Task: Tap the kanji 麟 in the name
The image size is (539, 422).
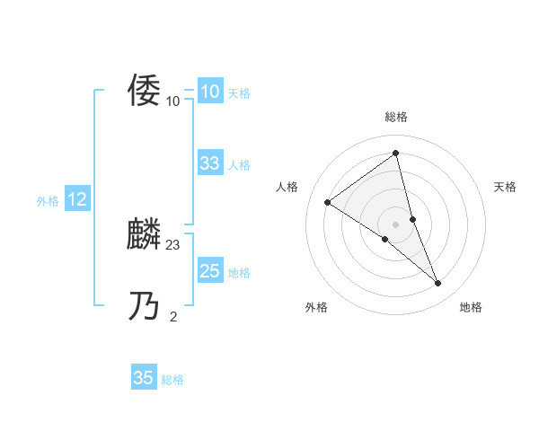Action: click(x=145, y=234)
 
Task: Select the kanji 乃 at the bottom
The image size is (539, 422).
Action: click(x=145, y=306)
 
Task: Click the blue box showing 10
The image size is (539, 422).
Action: click(x=209, y=92)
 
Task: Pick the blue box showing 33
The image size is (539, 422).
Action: click(x=209, y=163)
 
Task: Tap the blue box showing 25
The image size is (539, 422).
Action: click(x=209, y=271)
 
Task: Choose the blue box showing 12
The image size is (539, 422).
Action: click(x=76, y=199)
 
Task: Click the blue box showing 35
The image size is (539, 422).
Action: click(x=143, y=378)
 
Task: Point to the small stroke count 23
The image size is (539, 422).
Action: click(x=173, y=244)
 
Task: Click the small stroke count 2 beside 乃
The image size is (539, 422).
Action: click(x=173, y=316)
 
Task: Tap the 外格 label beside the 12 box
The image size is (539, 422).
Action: click(x=48, y=201)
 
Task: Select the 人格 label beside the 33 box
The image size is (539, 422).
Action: click(x=239, y=165)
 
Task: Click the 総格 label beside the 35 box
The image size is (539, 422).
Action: click(x=172, y=380)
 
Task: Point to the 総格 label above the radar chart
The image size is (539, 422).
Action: click(x=396, y=117)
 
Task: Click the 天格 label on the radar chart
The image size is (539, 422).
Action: click(x=505, y=187)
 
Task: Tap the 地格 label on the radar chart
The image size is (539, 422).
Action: click(x=471, y=307)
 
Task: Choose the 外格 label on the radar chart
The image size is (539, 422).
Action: click(x=316, y=307)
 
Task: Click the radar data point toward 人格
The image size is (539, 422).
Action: click(x=327, y=202)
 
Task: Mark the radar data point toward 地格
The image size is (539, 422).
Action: click(x=438, y=284)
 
